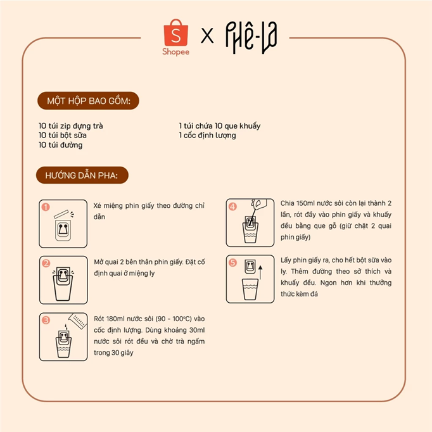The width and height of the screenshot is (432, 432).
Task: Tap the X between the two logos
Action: pos(207,37)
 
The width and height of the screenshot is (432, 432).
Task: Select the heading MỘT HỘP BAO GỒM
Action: pos(88,101)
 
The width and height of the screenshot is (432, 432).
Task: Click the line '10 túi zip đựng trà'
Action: pos(71,126)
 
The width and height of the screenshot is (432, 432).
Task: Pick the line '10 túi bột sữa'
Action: pos(63,136)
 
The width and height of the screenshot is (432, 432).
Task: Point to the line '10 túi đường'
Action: pos(60,145)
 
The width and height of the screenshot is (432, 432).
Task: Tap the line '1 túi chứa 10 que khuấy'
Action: pos(220,126)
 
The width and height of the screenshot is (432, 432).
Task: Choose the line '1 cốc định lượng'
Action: pos(208,136)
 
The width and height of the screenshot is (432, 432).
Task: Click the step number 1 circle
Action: pos(46,206)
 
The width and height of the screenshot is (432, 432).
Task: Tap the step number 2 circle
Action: pos(46,263)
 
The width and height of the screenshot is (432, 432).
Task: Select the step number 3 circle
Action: pos(46,320)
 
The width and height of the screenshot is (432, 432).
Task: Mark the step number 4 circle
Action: pos(232,206)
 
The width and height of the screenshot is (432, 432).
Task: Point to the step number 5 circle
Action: pos(232,262)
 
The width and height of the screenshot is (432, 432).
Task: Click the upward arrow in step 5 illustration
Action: pos(260,274)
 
